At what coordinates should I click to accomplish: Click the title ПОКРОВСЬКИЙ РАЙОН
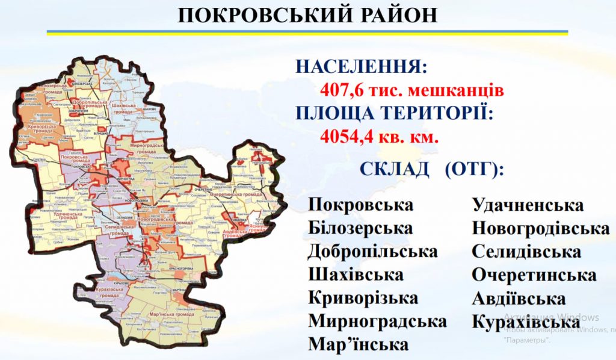pyautogui.click(x=307, y=14)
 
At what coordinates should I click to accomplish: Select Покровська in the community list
pyautogui.click(x=361, y=205)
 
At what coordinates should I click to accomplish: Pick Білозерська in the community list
pyautogui.click(x=360, y=228)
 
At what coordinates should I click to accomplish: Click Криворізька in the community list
pyautogui.click(x=363, y=298)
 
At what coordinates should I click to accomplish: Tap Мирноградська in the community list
pyautogui.click(x=378, y=321)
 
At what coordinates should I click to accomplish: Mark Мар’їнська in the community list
pyautogui.click(x=359, y=344)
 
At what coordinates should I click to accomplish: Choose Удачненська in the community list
pyautogui.click(x=528, y=205)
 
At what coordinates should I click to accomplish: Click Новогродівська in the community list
pyautogui.click(x=540, y=228)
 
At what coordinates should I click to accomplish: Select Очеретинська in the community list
pyautogui.click(x=534, y=275)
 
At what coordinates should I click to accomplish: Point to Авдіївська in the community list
pyautogui.click(x=519, y=299)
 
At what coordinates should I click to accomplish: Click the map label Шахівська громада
pyautogui.click(x=125, y=108)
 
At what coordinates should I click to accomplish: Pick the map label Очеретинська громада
pyautogui.click(x=235, y=195)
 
